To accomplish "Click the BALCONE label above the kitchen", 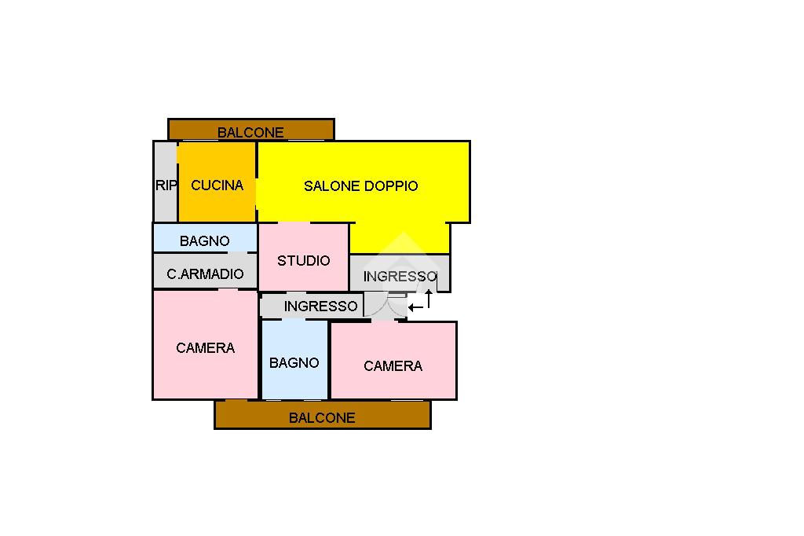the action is tap(250, 132).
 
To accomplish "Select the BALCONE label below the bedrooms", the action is tap(322, 417).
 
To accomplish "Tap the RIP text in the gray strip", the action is tap(166, 185).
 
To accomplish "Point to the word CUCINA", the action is tap(217, 185).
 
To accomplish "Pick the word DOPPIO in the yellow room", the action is tap(392, 186).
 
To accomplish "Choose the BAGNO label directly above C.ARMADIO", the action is tap(204, 241).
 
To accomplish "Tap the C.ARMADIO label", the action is tap(205, 274).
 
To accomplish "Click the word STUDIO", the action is tap(303, 260).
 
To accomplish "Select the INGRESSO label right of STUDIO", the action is tap(400, 277).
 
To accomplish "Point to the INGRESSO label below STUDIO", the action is tap(320, 306).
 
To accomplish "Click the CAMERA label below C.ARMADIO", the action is tap(205, 347).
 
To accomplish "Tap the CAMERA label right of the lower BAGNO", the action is tap(393, 365).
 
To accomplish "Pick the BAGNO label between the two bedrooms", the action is tap(294, 362).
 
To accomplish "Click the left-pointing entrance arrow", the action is tap(416, 307).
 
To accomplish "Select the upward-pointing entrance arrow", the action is tap(429, 298).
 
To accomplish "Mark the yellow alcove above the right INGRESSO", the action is tap(400, 237).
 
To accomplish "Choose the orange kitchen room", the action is tap(217, 204).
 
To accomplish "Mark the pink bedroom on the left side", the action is tap(205, 373).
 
